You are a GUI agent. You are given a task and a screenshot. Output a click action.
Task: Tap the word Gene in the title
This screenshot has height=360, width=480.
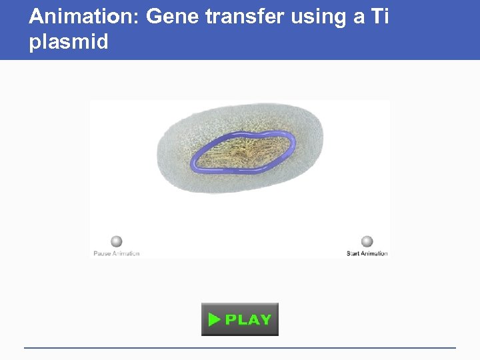click(172, 17)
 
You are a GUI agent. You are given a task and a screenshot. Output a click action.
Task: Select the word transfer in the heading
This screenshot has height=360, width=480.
click(245, 17)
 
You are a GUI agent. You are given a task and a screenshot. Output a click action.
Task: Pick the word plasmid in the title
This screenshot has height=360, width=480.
click(68, 43)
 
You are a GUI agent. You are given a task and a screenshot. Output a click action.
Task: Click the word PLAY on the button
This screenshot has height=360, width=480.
click(248, 320)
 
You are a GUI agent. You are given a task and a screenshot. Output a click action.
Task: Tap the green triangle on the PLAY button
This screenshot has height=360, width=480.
click(214, 320)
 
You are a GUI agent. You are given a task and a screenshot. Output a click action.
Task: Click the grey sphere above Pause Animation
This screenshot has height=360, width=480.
click(117, 241)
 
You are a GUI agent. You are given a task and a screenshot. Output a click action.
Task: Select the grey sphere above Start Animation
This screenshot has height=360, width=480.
click(367, 241)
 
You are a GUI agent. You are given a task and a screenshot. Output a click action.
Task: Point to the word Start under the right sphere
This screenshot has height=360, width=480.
click(353, 253)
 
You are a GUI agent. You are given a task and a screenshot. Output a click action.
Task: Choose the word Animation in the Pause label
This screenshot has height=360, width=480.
click(126, 253)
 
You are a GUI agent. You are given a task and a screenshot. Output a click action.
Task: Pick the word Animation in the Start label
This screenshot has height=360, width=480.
click(375, 253)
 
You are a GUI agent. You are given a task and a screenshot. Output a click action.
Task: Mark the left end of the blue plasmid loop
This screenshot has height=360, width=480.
click(193, 161)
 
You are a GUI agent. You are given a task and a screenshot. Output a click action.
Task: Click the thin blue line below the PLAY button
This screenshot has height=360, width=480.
click(240, 347)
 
